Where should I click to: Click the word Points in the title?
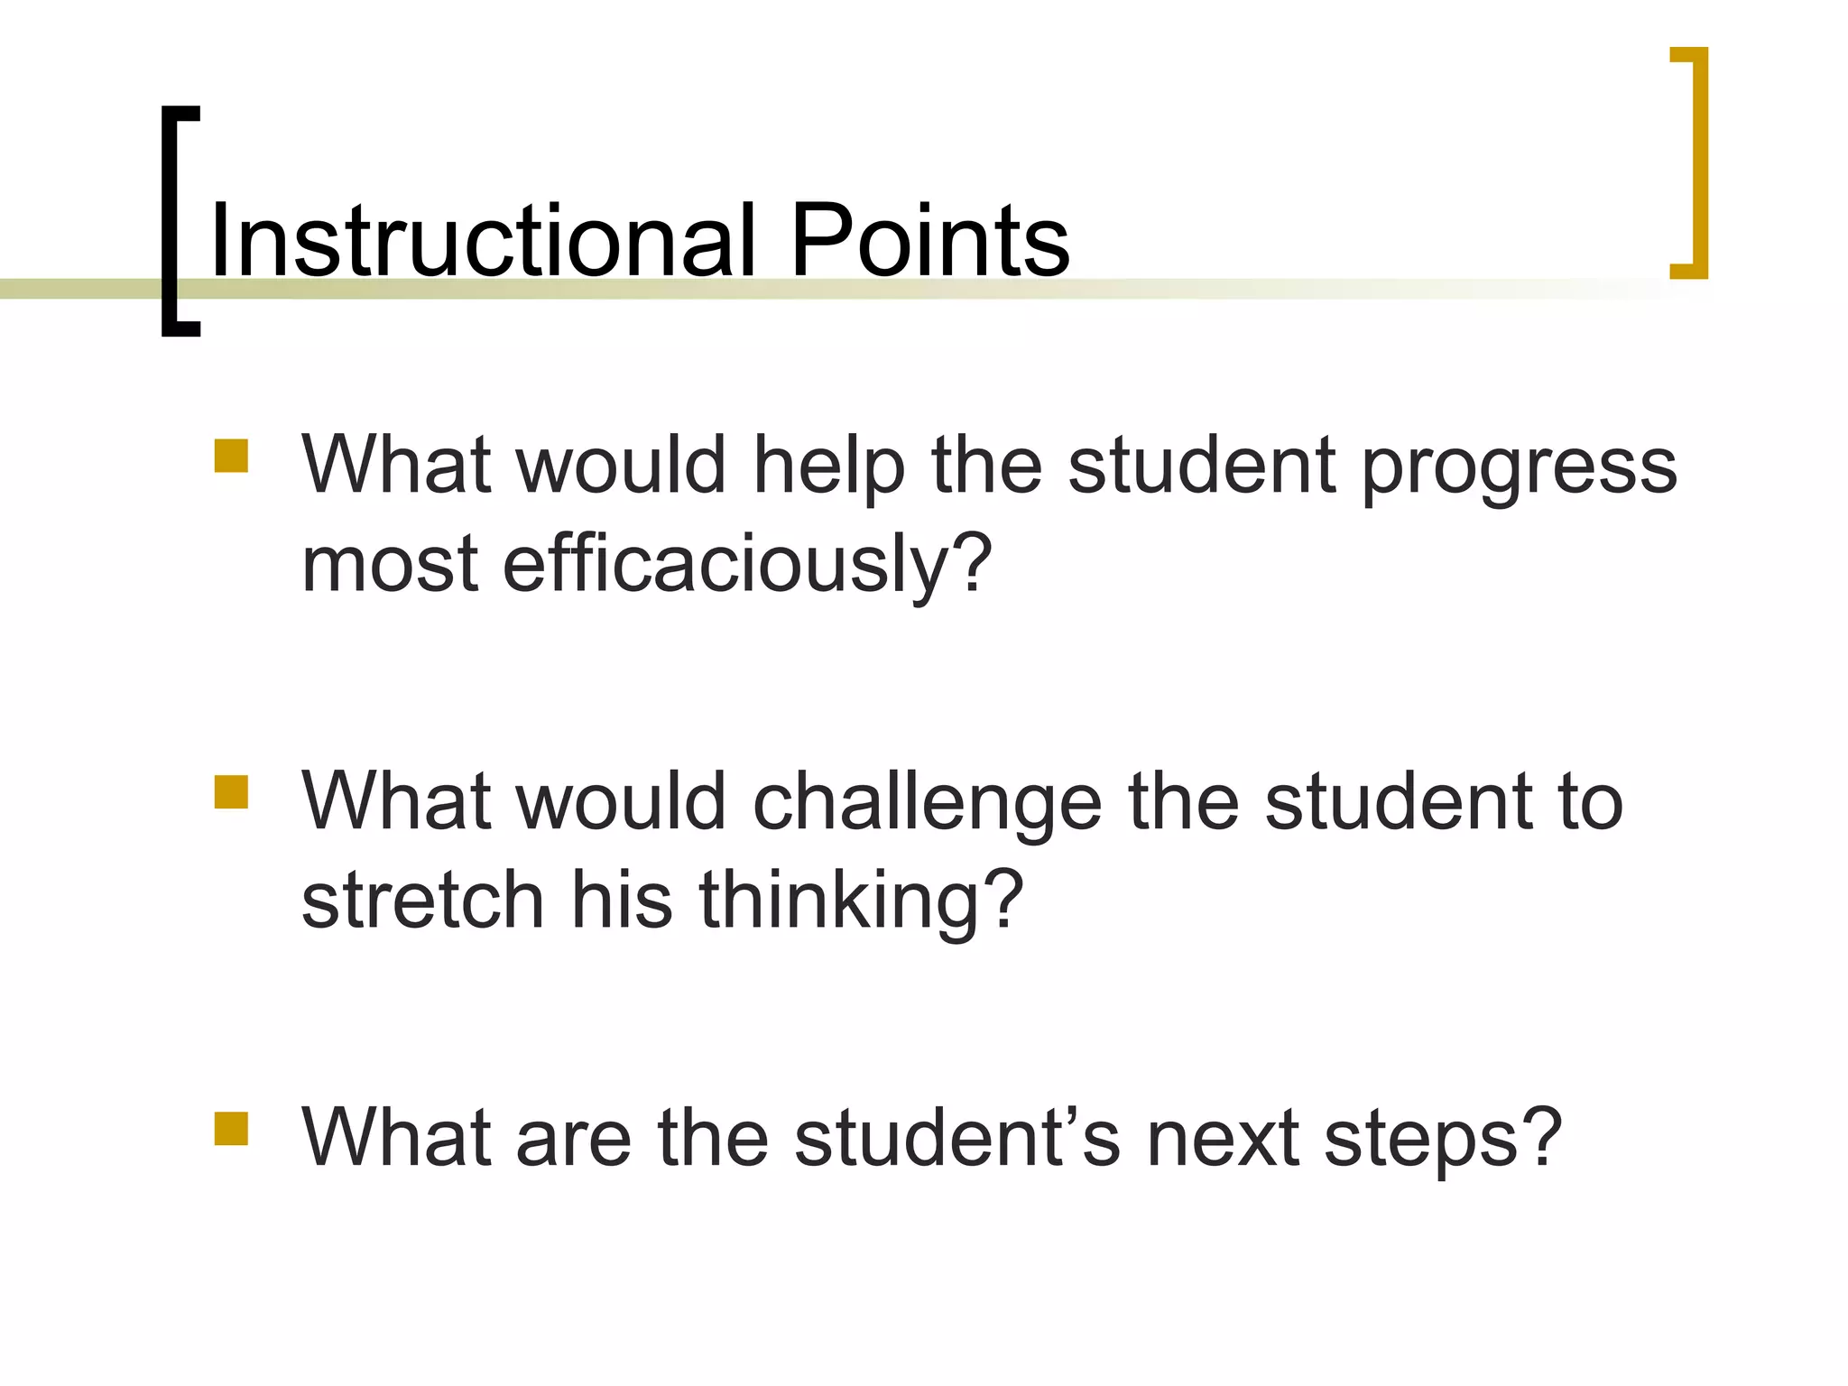[929, 240]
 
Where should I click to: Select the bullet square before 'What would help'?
[231, 456]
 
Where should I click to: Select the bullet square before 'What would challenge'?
[231, 792]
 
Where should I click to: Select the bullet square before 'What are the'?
[231, 1128]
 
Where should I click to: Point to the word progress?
[1519, 469]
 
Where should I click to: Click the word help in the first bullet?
[828, 466]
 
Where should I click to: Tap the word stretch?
[422, 901]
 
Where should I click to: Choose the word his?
[622, 901]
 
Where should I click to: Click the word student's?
[956, 1139]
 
